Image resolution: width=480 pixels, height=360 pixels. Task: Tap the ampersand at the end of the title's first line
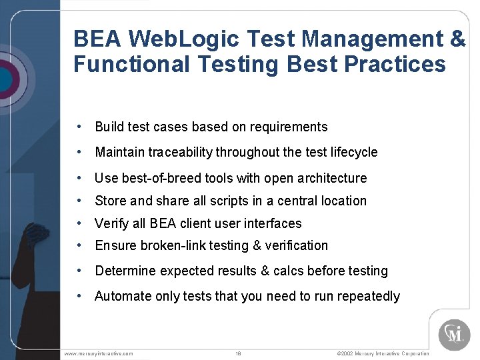tap(457, 39)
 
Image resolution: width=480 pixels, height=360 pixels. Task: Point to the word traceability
tap(174, 152)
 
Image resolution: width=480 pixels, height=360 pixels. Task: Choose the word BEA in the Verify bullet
tap(163, 223)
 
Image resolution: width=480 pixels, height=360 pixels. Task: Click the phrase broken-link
tap(172, 245)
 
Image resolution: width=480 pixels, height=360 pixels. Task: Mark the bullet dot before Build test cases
tap(79, 127)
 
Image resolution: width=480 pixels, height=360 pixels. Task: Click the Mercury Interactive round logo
tap(454, 334)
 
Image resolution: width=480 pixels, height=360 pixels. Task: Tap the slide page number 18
tap(238, 353)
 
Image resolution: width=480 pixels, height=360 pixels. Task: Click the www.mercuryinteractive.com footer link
tap(99, 353)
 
